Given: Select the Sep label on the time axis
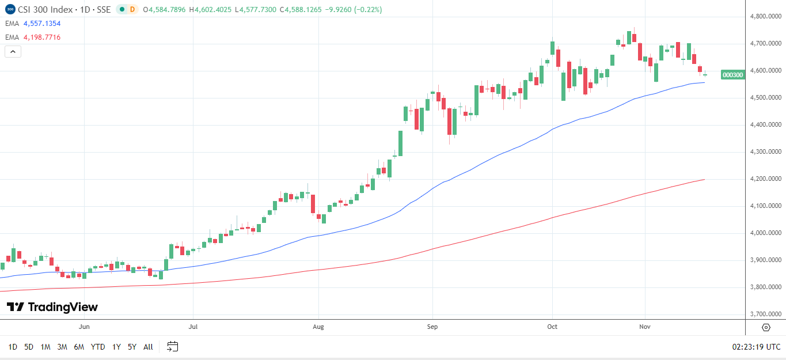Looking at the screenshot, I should [x=432, y=327].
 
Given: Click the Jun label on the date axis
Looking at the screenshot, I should [x=84, y=327].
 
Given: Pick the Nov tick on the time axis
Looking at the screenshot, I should [x=645, y=327].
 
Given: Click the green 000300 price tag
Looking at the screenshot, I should [x=732, y=75].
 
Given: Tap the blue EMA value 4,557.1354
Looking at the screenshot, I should [x=41, y=24].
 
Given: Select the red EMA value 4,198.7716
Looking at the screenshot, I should [x=41, y=37].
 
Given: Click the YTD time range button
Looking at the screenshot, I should [x=98, y=347].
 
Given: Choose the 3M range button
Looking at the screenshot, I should [x=62, y=347].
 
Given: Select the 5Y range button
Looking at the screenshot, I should [x=132, y=347].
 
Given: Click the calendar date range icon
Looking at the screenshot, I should [x=172, y=347].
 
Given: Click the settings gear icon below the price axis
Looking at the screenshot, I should [x=766, y=327].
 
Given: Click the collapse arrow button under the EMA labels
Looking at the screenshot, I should [x=13, y=51].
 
